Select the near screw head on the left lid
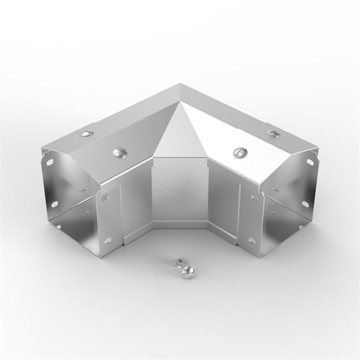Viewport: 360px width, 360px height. pos(120,151)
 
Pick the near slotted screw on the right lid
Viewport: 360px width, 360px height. pos(238,151)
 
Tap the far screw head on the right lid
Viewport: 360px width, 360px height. pos(272,133)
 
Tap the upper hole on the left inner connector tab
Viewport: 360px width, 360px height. pos(105,198)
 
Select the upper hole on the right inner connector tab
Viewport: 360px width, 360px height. pos(252,198)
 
